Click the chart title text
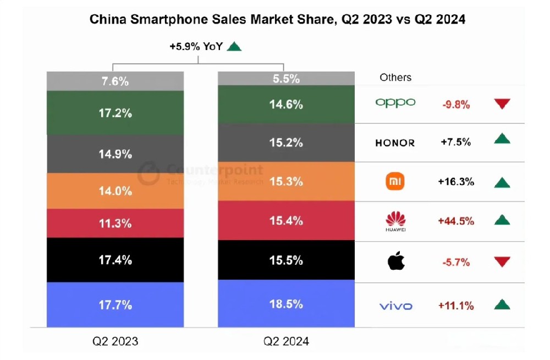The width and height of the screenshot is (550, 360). click(x=277, y=20)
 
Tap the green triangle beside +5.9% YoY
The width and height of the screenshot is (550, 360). click(x=234, y=47)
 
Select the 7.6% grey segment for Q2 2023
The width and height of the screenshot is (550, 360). click(x=115, y=81)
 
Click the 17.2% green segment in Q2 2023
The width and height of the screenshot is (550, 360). click(x=115, y=113)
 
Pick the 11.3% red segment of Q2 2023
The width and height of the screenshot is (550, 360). click(x=115, y=223)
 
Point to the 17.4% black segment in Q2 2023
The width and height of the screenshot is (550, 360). click(x=115, y=260)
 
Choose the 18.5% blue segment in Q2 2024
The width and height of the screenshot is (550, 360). click(x=286, y=303)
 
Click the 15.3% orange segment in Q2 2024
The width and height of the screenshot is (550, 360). click(x=286, y=181)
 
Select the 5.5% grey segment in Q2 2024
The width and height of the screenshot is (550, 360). click(x=286, y=79)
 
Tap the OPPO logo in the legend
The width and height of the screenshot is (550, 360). click(x=395, y=103)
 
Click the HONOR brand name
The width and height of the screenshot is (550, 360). click(x=395, y=143)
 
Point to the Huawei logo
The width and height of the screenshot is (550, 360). click(x=395, y=221)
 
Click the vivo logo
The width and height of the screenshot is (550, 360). click(x=395, y=306)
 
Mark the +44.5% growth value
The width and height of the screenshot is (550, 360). click(x=456, y=221)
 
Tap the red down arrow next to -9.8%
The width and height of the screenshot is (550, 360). click(x=502, y=103)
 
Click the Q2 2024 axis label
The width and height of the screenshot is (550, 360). click(x=286, y=342)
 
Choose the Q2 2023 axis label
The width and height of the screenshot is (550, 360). click(x=115, y=342)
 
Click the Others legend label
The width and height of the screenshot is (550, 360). click(x=395, y=78)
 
